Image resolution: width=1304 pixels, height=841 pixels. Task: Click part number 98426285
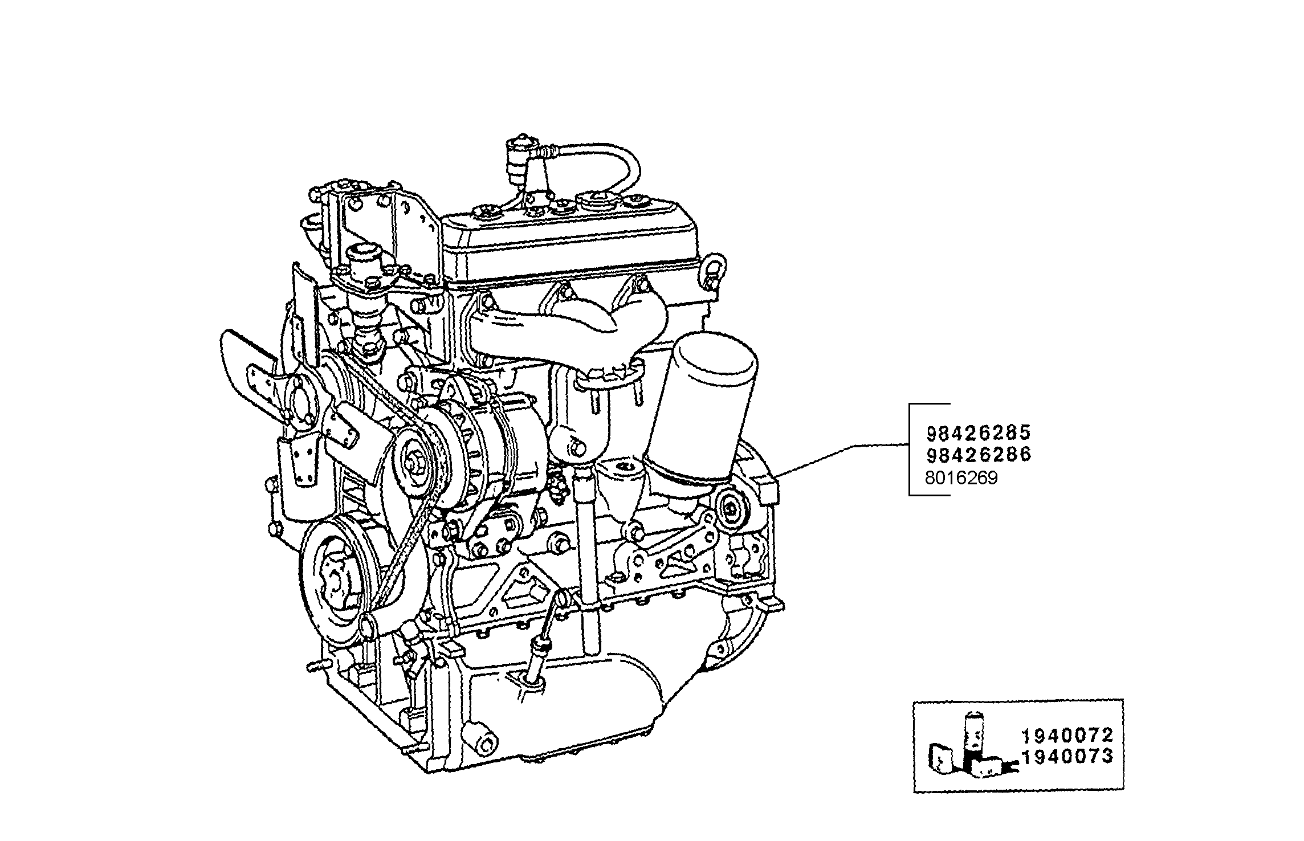click(978, 434)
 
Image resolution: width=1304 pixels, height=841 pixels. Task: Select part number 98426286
click(978, 455)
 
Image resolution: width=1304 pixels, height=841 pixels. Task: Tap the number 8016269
click(961, 478)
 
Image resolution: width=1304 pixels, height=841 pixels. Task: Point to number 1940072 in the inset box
click(1066, 737)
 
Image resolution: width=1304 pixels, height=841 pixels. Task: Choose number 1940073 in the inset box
click(1066, 757)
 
